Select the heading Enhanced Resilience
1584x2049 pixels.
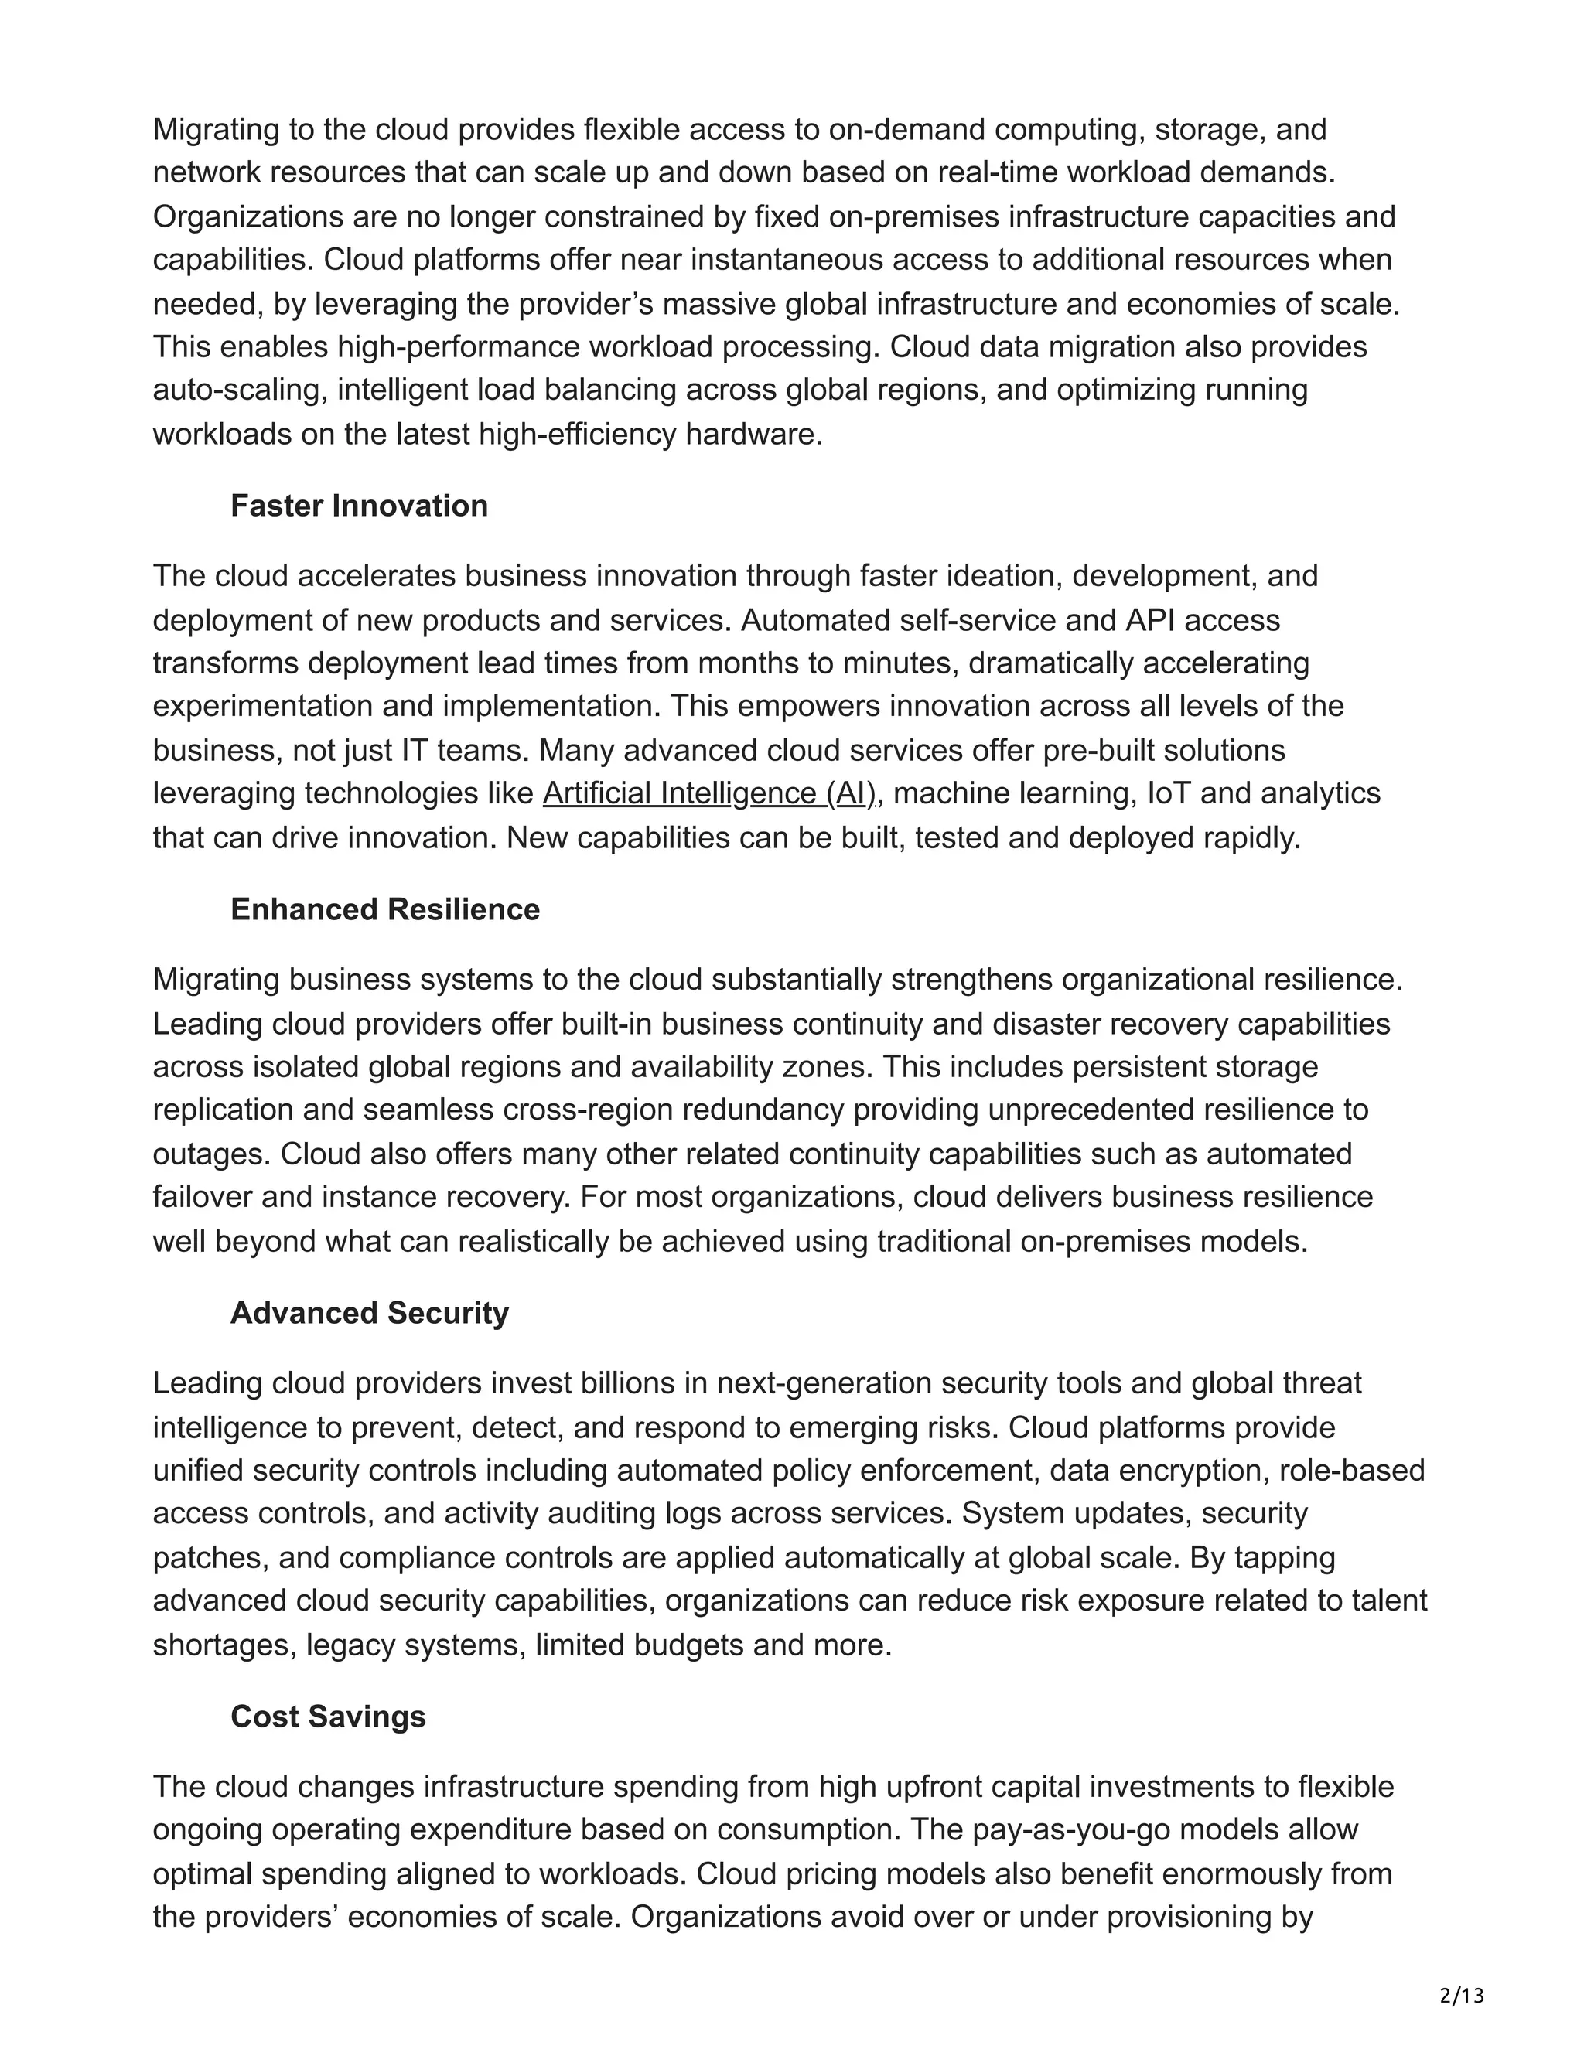384,909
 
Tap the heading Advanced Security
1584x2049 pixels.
369,1313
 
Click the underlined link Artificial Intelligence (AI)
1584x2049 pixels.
708,794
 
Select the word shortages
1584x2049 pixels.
224,1645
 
